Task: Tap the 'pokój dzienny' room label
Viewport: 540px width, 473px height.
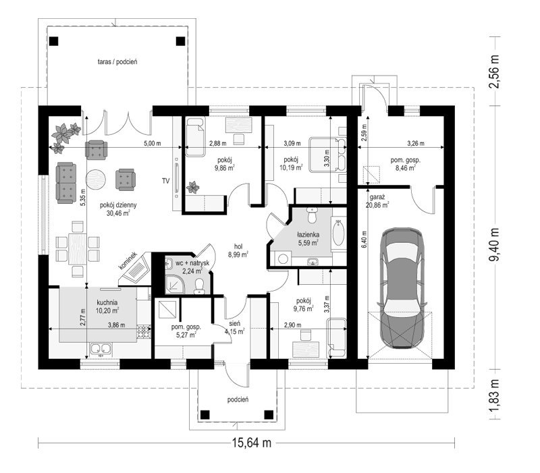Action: (118, 205)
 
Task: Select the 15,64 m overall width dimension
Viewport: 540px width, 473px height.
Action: (251, 443)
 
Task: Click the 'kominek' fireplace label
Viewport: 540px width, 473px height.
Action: (128, 260)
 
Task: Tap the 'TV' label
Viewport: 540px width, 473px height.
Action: (165, 181)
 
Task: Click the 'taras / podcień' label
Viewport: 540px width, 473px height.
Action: (117, 62)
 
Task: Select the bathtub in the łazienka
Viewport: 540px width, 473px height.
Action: (338, 233)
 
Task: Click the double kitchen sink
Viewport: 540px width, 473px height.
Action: (101, 350)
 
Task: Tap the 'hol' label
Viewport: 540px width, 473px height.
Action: (238, 246)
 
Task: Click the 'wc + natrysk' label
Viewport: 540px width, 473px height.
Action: (192, 263)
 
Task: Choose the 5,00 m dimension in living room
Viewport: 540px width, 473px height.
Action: (153, 143)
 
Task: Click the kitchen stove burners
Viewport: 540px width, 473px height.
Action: (144, 331)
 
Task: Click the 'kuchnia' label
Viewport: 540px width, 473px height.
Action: (107, 302)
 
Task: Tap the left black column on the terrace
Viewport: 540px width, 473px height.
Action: (54, 41)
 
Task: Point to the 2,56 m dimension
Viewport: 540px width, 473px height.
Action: (494, 72)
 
